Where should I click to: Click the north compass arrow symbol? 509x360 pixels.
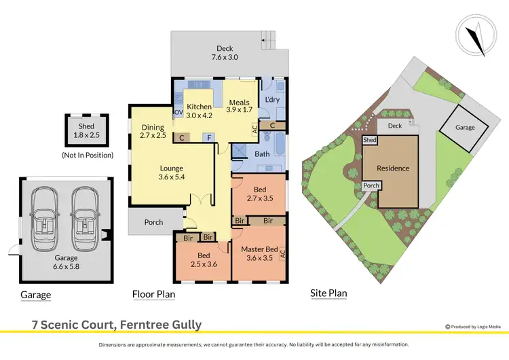[x=478, y=37]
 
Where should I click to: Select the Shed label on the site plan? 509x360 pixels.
[x=369, y=140]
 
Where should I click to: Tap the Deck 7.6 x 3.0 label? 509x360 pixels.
[x=225, y=53]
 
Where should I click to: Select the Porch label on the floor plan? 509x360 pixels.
[x=154, y=221]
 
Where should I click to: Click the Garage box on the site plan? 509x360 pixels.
[x=465, y=127]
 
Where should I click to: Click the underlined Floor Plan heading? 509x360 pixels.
[x=153, y=294]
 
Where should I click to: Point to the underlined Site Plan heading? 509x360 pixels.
[x=328, y=294]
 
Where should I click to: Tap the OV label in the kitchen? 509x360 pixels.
[x=178, y=111]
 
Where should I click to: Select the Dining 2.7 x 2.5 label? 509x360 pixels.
[x=153, y=131]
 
